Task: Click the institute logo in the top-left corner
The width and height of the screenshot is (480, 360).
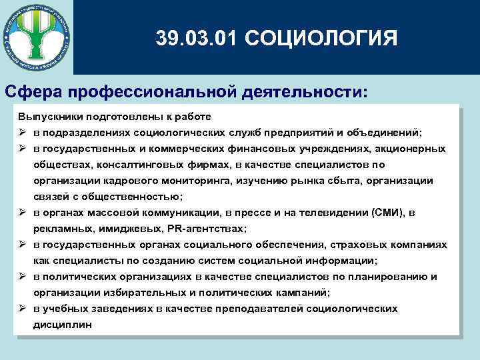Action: (36, 36)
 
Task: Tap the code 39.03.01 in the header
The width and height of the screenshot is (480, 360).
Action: (197, 37)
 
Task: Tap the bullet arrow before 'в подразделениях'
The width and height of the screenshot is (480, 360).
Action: (22, 132)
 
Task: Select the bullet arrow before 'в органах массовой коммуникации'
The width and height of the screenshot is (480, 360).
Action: (22, 213)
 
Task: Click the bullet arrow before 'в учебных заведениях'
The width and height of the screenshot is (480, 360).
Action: (22, 309)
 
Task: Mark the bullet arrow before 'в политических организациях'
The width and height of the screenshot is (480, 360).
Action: (22, 277)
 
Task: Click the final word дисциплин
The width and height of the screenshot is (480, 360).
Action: (63, 325)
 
